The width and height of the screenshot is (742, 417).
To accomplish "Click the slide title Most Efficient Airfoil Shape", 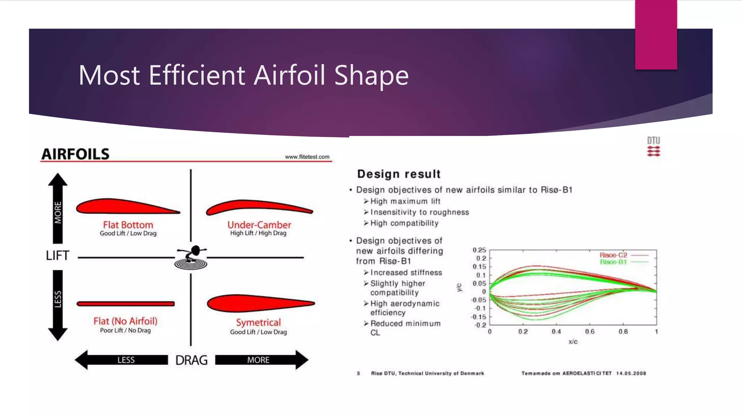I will click(x=243, y=75).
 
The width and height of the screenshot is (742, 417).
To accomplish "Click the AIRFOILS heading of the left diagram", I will click(x=75, y=154).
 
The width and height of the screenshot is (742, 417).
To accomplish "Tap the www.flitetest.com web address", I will click(x=307, y=157).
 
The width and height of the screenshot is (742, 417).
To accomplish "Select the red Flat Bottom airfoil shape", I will click(x=120, y=207).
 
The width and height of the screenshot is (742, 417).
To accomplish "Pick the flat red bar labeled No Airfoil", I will click(x=126, y=304).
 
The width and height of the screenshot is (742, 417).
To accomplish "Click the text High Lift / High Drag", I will click(x=258, y=233).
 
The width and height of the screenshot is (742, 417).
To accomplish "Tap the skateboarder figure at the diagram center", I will click(x=191, y=257).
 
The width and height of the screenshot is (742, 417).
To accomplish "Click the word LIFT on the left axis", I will click(x=57, y=256).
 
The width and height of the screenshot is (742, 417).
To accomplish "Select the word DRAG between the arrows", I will click(x=191, y=360).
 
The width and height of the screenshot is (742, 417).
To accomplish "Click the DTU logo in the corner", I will click(x=654, y=147).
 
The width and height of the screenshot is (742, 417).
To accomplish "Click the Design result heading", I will click(x=399, y=174).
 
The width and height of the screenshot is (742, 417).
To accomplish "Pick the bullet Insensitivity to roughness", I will click(x=419, y=212).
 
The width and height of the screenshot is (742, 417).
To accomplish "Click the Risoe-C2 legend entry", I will click(x=613, y=255).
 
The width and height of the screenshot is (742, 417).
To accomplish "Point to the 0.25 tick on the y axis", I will click(x=479, y=250).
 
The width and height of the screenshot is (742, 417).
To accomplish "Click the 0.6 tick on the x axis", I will click(x=589, y=332).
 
